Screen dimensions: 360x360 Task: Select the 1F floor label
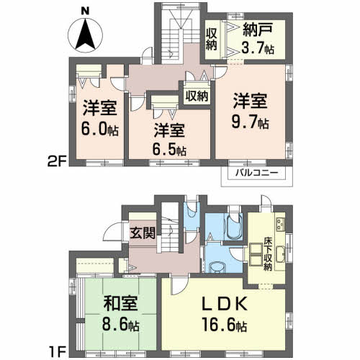coord(58,352)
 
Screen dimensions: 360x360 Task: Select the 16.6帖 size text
coord(222,326)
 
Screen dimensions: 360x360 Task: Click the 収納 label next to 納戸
coord(212,38)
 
